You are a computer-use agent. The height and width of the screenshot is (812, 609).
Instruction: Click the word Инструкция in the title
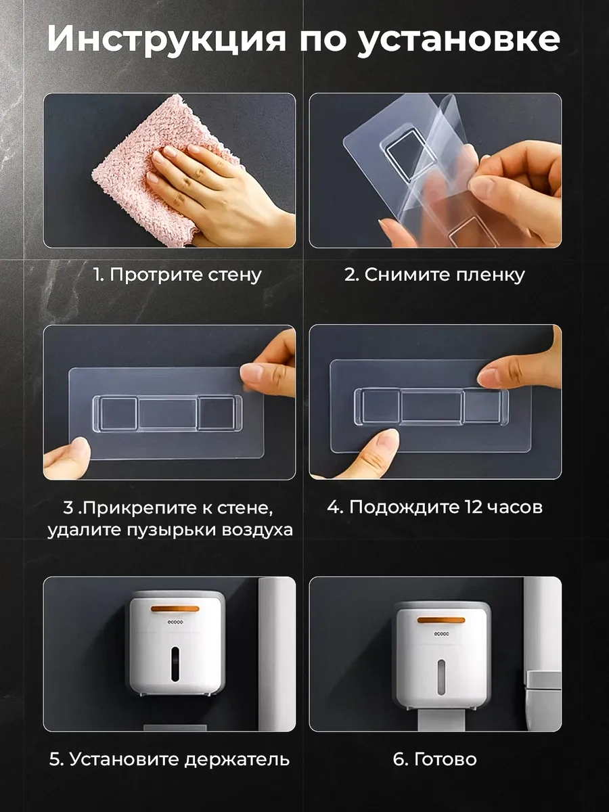click(x=166, y=39)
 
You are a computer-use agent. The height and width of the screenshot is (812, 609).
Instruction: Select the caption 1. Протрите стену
click(x=177, y=275)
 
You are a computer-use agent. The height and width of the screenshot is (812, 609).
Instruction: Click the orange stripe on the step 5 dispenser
click(x=175, y=608)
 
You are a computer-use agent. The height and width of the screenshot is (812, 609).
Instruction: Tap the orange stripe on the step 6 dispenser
click(x=441, y=620)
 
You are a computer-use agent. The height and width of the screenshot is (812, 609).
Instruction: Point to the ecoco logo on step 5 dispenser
click(x=175, y=623)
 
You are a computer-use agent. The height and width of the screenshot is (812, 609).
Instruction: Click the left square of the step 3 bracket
click(x=119, y=413)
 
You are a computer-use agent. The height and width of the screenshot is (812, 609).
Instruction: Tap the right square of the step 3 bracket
click(x=217, y=413)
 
